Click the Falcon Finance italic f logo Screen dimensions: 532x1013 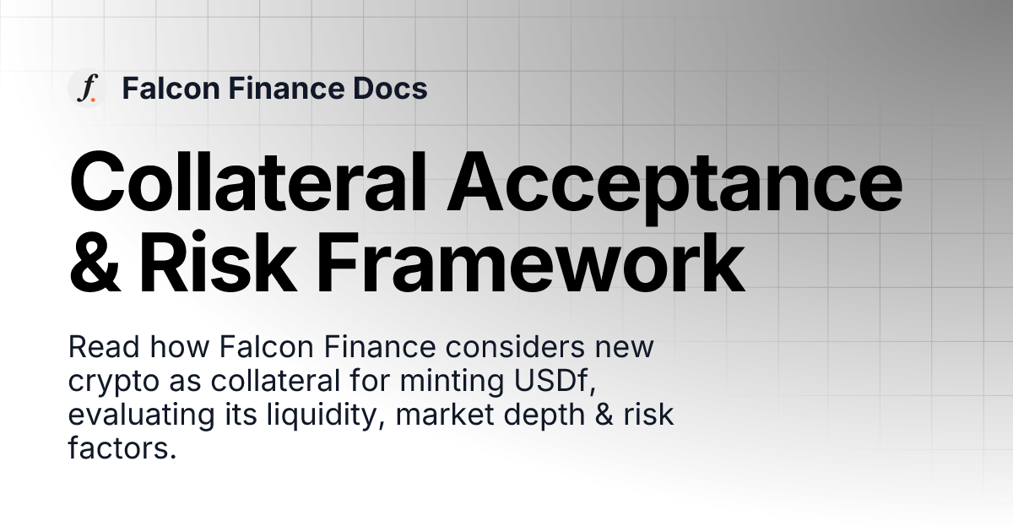coord(85,88)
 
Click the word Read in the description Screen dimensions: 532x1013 coord(97,347)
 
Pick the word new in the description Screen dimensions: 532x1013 coord(624,347)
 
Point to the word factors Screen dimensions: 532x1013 coord(122,449)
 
